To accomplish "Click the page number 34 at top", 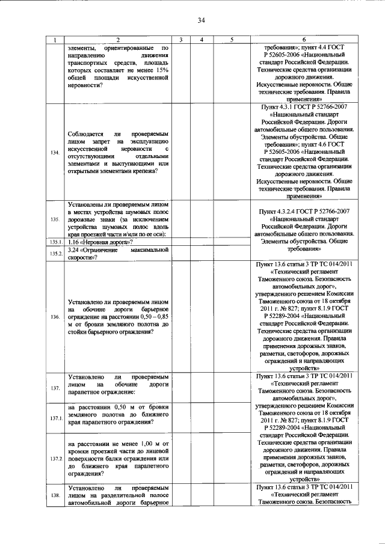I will pos(201,20).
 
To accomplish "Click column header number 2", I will pos(118,40).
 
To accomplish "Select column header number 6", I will pos(304,40).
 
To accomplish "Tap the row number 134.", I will pos(55,153).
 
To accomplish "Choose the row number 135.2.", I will pos(55,254).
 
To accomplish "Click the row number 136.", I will pos(55,317).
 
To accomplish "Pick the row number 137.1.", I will pos(55,418).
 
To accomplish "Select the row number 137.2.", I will pos(55,459).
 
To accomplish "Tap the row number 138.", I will pos(55,495).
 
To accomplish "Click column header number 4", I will pos(202,40).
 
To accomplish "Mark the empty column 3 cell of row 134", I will pos(180,153).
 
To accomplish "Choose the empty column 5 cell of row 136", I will pos(231,317).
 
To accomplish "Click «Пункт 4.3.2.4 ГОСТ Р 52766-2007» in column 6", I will pos(304,212).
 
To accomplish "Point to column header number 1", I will pos(55,40).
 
